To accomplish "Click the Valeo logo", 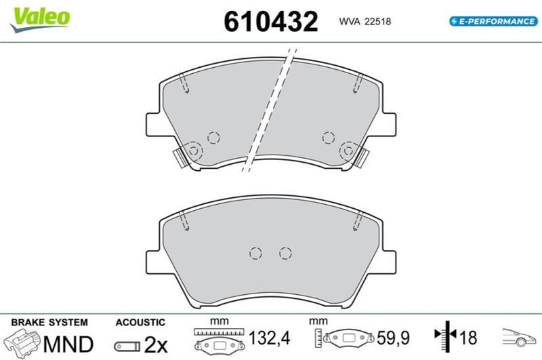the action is click(40, 18).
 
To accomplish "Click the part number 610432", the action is click(270, 22).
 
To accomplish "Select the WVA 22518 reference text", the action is click(364, 22).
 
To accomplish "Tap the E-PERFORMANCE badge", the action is click(493, 22).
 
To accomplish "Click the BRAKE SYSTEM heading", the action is click(49, 322).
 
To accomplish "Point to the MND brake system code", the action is click(68, 344).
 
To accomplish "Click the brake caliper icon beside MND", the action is click(23, 342).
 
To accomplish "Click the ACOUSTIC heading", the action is click(140, 322).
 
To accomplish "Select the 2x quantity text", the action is click(156, 344).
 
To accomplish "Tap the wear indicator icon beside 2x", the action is click(127, 346).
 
